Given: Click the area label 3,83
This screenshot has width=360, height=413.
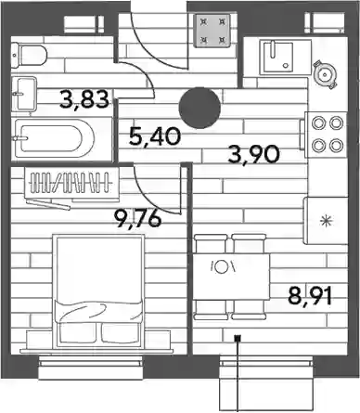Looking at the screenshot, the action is click(x=84, y=99).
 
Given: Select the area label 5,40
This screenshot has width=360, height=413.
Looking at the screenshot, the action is click(x=155, y=136).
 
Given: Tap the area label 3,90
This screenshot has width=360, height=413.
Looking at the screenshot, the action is click(x=253, y=154).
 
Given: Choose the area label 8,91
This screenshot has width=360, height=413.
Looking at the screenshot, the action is click(x=310, y=295).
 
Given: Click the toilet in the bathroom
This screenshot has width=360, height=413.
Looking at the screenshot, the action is click(x=29, y=55).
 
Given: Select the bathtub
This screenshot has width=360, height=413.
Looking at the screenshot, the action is click(x=53, y=139).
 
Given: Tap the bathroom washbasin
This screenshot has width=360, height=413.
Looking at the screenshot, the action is click(x=24, y=94).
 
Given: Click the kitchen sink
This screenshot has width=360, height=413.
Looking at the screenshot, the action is click(x=277, y=58).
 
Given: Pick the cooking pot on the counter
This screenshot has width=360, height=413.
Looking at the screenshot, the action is click(x=325, y=74).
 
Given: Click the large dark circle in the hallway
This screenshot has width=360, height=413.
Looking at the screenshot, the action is click(x=199, y=108).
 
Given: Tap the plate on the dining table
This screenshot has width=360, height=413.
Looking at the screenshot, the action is click(x=222, y=266).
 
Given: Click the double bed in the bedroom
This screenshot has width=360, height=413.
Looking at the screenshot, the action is click(x=98, y=292).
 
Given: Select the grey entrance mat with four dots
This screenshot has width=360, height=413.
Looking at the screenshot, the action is click(x=212, y=31).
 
